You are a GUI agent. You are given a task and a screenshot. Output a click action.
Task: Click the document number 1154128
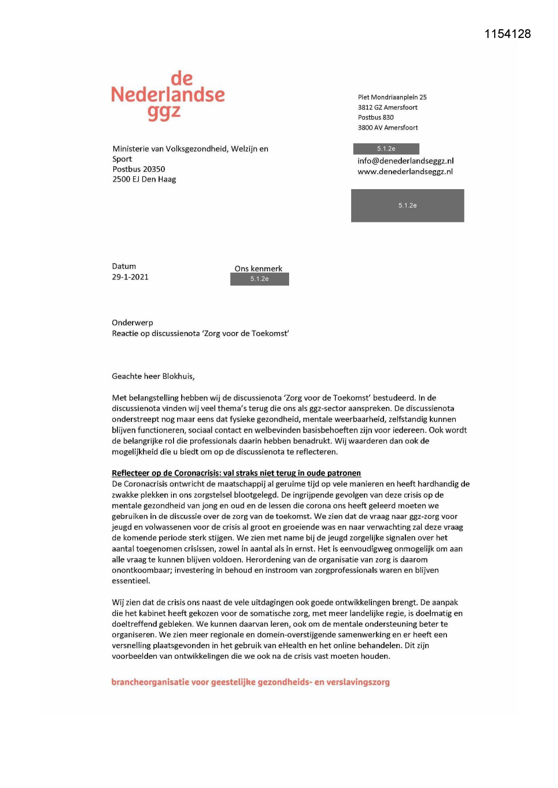(507, 34)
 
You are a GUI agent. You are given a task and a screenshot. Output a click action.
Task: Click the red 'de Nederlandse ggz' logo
(168, 95)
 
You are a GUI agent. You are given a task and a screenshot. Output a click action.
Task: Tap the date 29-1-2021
(130, 277)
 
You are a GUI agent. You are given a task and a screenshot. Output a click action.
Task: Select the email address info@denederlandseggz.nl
(405, 161)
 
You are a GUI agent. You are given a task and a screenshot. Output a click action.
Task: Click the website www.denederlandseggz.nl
(405, 172)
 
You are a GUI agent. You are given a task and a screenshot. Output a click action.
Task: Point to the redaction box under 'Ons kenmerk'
(259, 279)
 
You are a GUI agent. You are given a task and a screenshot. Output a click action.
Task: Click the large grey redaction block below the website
(407, 206)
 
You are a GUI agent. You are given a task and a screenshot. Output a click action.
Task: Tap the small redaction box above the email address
(386, 149)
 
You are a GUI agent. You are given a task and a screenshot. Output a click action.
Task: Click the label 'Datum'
(124, 266)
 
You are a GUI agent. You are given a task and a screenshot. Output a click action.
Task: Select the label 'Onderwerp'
(132, 323)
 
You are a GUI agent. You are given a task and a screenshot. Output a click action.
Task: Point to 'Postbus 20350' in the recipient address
(138, 169)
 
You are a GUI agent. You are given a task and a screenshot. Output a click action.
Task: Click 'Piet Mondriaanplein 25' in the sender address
(392, 97)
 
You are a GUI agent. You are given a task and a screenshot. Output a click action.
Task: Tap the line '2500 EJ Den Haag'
(144, 179)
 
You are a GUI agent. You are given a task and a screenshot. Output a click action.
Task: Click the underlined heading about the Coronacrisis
(236, 473)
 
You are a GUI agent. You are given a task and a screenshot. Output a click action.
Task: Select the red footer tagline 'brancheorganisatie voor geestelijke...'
(250, 682)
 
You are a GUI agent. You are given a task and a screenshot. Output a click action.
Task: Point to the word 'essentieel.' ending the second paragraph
(131, 581)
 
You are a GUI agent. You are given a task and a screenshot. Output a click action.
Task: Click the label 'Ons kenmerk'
(258, 269)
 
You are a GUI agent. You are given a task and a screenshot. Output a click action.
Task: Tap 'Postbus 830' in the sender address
(375, 117)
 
